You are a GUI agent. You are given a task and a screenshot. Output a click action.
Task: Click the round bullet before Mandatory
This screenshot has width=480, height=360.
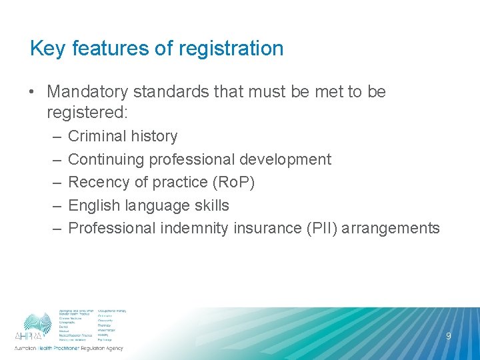(34, 91)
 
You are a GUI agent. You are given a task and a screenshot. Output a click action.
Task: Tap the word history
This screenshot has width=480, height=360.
(155, 136)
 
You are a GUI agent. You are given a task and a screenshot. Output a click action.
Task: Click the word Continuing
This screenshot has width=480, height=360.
(106, 159)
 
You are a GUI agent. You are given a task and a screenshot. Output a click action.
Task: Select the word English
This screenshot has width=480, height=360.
(93, 205)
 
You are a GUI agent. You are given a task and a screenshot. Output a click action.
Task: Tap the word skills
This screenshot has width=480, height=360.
(211, 205)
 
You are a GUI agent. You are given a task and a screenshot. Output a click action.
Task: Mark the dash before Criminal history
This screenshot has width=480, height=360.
(54, 136)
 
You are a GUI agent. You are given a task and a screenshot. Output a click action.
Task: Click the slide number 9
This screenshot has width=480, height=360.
(448, 336)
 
